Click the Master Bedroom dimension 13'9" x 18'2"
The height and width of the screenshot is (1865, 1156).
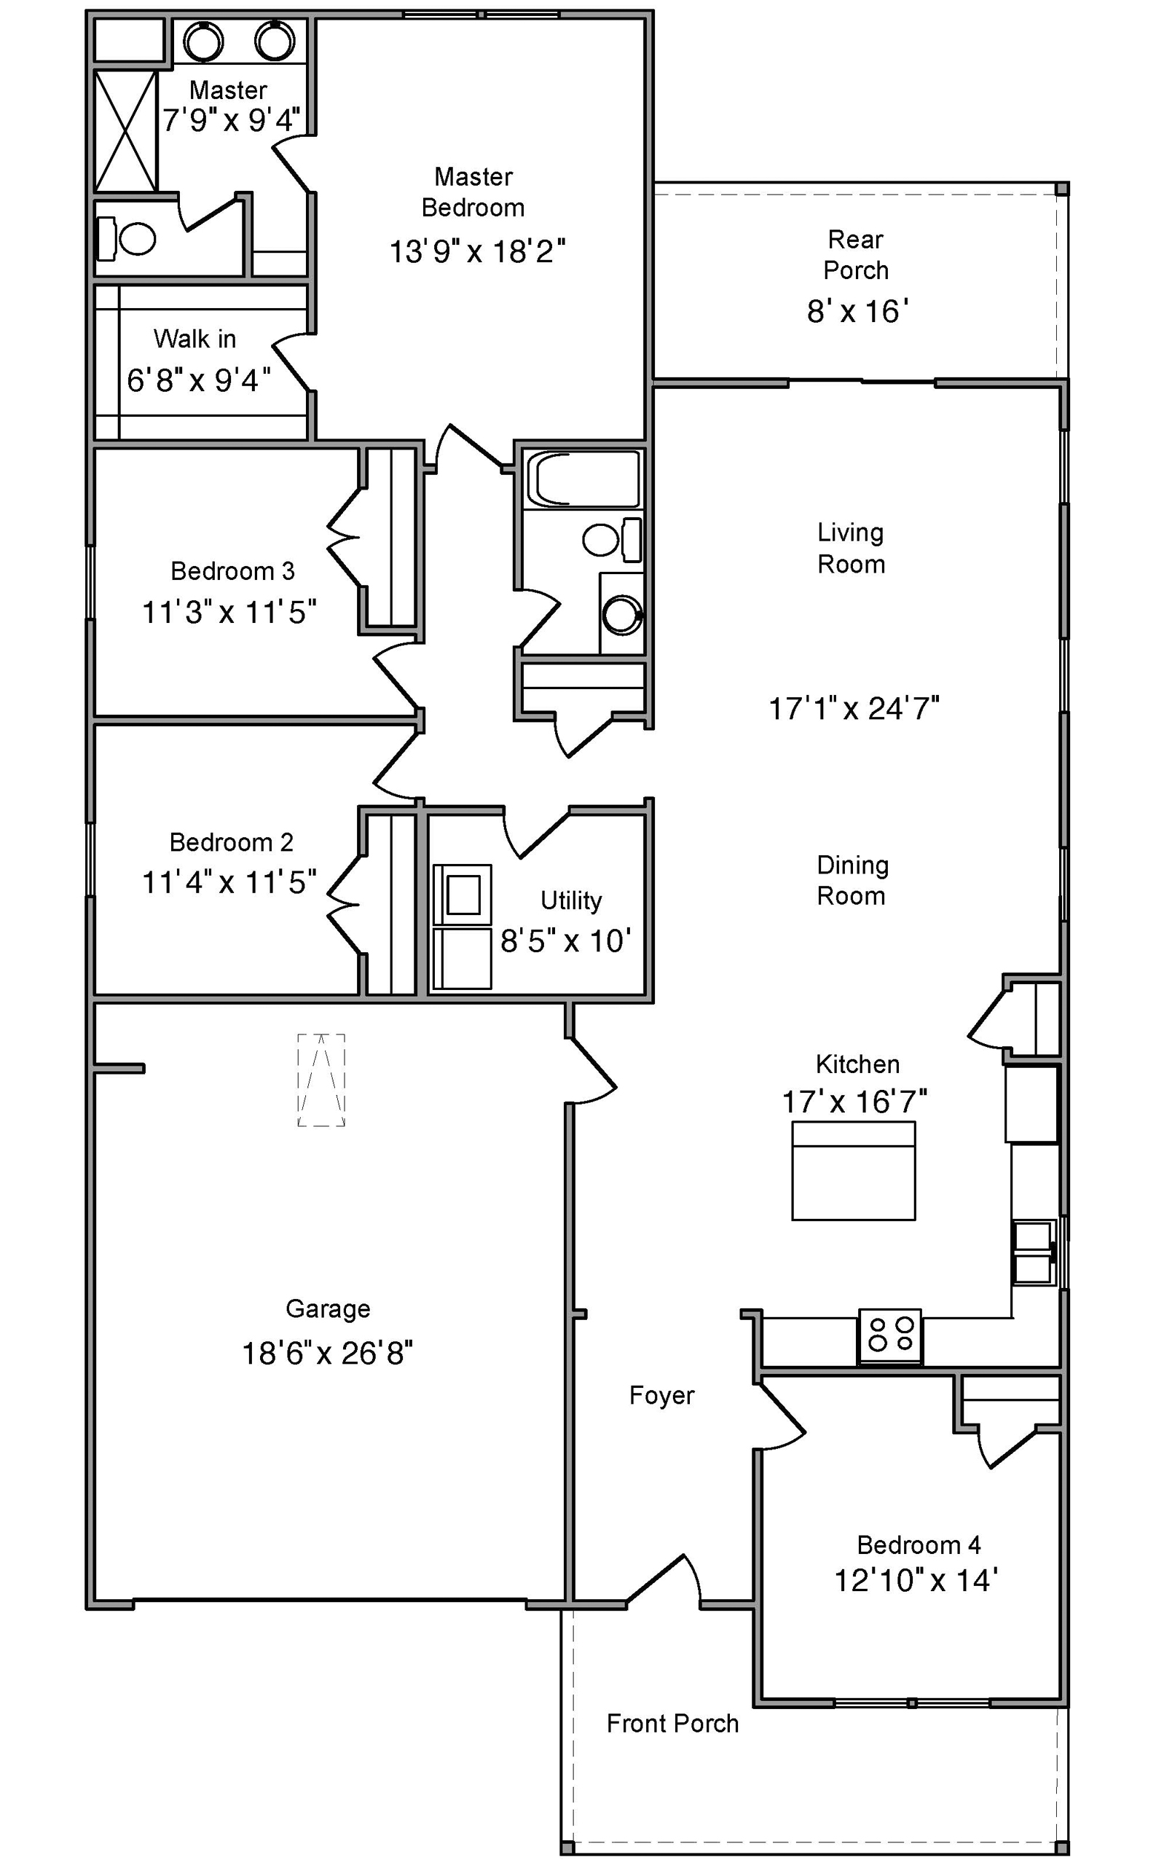click(477, 251)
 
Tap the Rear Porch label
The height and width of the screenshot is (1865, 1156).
click(857, 255)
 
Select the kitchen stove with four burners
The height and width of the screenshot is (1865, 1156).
click(891, 1337)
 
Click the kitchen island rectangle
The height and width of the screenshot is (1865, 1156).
click(853, 1171)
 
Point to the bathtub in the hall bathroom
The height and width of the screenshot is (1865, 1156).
click(583, 479)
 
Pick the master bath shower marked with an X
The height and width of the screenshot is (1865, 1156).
click(126, 130)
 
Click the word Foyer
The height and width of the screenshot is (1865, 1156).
click(661, 1396)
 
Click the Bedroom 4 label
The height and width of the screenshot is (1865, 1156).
click(919, 1545)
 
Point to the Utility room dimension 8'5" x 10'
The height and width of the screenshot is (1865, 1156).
click(566, 941)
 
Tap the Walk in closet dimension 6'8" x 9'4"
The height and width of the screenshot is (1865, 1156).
click(199, 380)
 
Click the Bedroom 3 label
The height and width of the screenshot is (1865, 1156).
click(232, 571)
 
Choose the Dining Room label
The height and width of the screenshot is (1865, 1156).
click(852, 880)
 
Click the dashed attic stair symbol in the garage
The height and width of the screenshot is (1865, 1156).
click(321, 1080)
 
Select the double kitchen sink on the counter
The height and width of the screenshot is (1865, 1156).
click(1034, 1252)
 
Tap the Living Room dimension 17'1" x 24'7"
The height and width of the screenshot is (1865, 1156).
click(854, 709)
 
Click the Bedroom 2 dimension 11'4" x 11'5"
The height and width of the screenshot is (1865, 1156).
click(229, 882)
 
